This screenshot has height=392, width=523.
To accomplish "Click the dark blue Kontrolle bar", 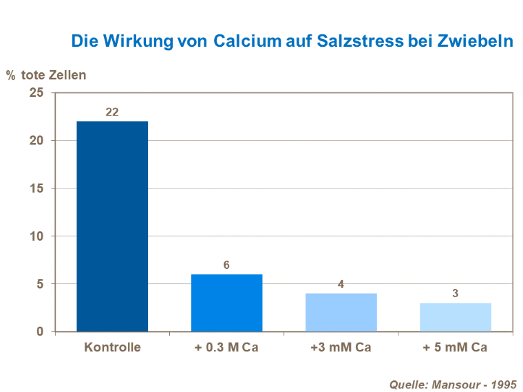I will point(112,226).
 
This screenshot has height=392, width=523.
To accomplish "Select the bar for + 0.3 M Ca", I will point(226,303).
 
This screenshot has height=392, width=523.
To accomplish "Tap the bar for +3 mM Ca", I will point(341,312).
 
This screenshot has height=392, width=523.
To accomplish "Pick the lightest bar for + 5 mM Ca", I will point(455,317).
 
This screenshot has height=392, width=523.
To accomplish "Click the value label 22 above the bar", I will point(112,111).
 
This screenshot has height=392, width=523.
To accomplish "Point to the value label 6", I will point(226,265).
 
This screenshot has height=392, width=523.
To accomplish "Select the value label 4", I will point(341,283).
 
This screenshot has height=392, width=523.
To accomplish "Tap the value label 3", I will point(455,293).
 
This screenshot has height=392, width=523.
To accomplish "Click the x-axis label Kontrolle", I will point(112,347).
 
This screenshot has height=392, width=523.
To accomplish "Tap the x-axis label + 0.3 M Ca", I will point(226,347).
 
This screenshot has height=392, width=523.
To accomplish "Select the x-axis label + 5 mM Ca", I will point(455,347).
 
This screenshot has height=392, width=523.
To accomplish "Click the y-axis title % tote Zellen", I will point(46,75).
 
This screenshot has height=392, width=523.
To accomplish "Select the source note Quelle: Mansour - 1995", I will point(452,384).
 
